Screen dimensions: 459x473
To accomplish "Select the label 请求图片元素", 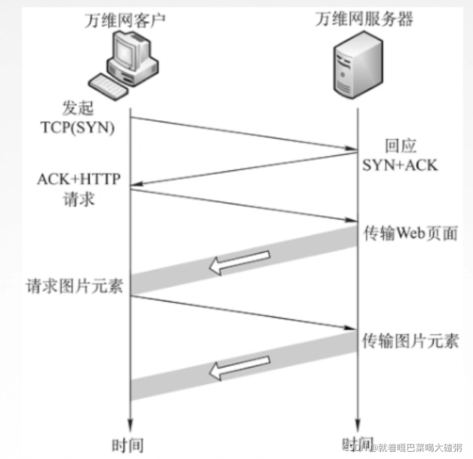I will coord(74,285).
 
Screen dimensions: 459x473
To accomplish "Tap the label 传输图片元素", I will coord(410,340).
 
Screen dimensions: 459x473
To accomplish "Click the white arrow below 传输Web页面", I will coord(239,263).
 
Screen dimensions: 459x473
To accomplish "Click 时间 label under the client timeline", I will coord(130,442).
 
